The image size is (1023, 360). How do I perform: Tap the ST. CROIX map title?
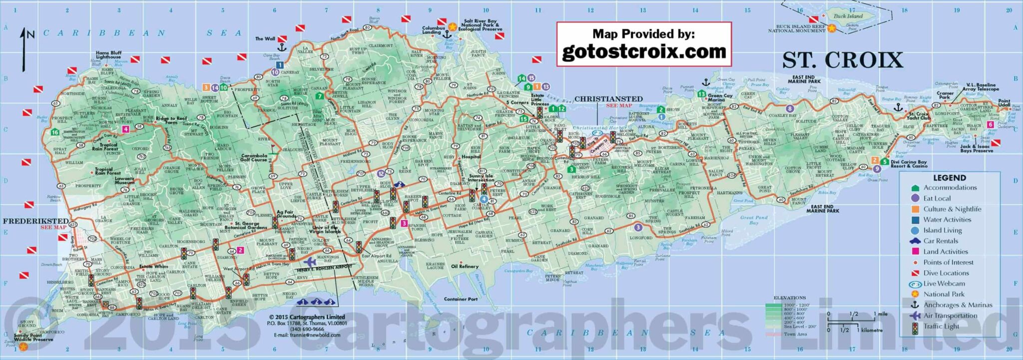[x=842, y=60]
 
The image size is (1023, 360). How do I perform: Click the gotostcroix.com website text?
[x=644, y=52]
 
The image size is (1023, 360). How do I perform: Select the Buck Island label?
[x=848, y=16]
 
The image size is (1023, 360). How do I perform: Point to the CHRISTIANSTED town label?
[x=608, y=99]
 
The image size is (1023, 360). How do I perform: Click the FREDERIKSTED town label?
[x=35, y=221]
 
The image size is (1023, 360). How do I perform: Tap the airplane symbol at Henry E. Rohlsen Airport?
[x=309, y=262]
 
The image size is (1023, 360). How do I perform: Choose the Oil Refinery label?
[x=465, y=266]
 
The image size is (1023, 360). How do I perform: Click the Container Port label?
[x=461, y=299]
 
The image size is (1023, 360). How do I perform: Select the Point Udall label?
[x=1004, y=103]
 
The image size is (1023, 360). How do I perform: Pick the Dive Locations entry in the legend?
[x=946, y=273]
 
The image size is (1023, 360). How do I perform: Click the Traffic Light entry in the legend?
[x=941, y=326]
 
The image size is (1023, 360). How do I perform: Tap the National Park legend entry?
[x=944, y=294]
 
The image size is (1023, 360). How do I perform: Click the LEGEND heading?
[x=949, y=177]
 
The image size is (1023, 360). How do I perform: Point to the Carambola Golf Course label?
[x=254, y=158]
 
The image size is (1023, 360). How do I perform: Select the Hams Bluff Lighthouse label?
[x=108, y=55]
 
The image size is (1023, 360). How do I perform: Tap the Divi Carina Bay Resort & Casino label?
[x=909, y=164]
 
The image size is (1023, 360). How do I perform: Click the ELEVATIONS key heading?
[x=789, y=298]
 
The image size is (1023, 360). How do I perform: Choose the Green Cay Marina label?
[x=720, y=98]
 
